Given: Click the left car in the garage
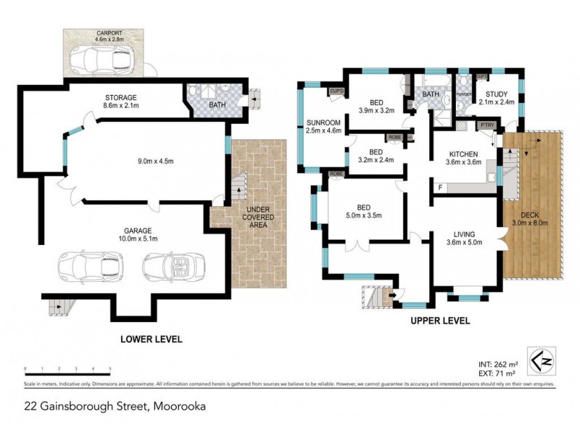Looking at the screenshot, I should coord(92,265).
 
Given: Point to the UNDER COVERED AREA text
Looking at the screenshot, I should coord(257,215).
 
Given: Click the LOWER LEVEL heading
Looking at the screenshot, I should coord(152,339).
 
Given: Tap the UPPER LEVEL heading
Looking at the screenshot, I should coord(441,320).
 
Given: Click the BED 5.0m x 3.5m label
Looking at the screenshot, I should coord(365,210).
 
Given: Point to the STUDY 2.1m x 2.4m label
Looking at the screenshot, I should coord(497,97).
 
